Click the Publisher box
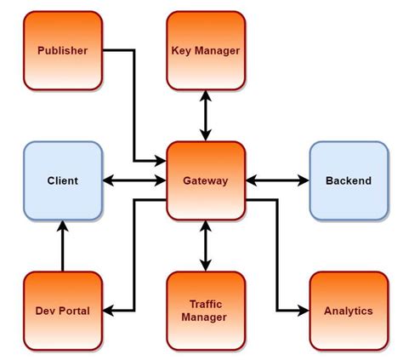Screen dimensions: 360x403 pyautogui.click(x=62, y=50)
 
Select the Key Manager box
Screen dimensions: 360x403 pyautogui.click(x=205, y=50)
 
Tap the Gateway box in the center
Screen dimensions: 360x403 pyautogui.click(x=205, y=180)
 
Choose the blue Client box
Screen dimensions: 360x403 pyautogui.click(x=62, y=180)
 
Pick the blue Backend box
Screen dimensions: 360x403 pyautogui.click(x=348, y=180)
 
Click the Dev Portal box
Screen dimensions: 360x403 pyautogui.click(x=62, y=311)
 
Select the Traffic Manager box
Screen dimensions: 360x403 pyautogui.click(x=205, y=311)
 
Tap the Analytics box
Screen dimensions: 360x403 pyautogui.click(x=348, y=311)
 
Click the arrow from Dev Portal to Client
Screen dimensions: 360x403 pyautogui.click(x=62, y=247)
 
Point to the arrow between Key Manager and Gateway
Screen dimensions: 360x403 pyautogui.click(x=205, y=115)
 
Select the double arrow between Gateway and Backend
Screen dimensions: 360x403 pyautogui.click(x=277, y=180)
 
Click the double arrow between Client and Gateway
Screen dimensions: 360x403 pyautogui.click(x=134, y=180)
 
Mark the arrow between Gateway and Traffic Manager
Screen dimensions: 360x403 pyautogui.click(x=205, y=245)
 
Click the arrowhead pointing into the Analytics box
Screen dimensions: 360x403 pyautogui.click(x=302, y=311)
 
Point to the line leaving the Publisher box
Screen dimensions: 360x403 pyautogui.click(x=119, y=50)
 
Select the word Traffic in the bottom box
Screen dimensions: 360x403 pyautogui.click(x=205, y=303)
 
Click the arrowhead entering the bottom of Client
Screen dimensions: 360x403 pyautogui.click(x=62, y=226)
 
